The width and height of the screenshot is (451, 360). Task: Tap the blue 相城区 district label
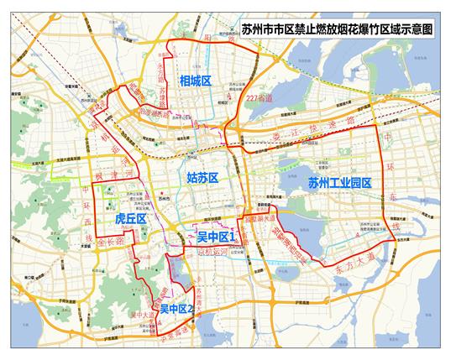point(195,81)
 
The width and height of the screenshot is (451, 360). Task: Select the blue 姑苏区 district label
point(202,178)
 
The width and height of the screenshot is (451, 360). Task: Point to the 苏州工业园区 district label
point(338,182)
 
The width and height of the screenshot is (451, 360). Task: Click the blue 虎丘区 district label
point(131,219)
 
